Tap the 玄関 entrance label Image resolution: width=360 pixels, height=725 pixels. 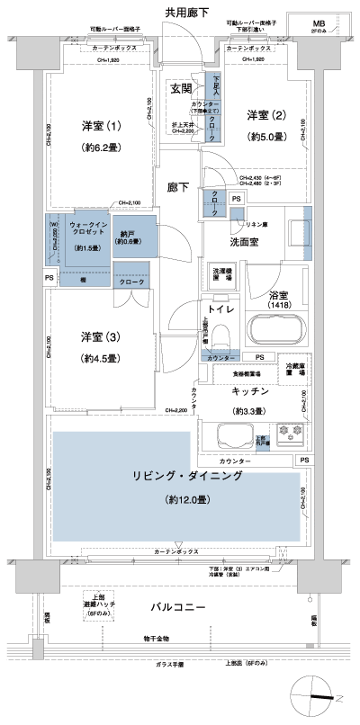[182, 89]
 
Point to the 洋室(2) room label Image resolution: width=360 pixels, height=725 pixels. [266, 115]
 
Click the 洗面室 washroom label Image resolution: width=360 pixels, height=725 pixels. [242, 243]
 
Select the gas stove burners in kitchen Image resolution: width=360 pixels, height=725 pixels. [292, 434]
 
